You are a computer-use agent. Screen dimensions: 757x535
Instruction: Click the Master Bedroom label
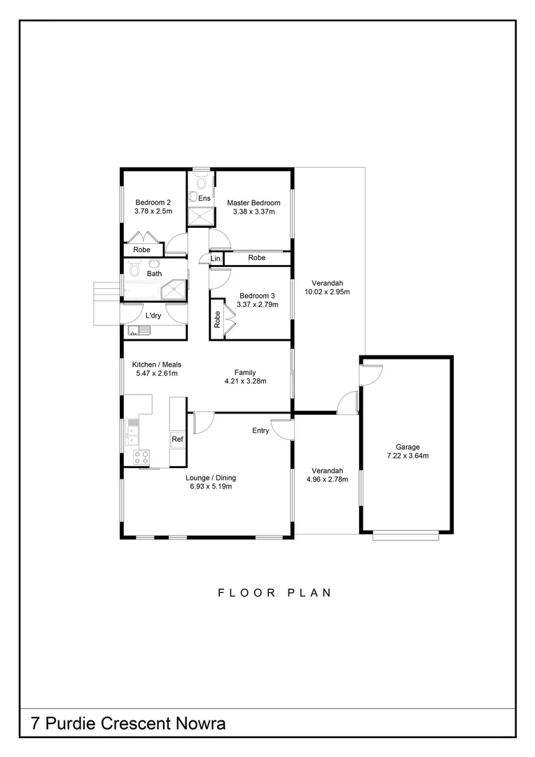click(x=253, y=203)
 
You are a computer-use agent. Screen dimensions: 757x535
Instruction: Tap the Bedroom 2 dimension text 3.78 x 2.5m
click(x=153, y=211)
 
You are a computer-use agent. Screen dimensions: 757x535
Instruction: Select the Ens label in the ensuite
click(x=204, y=199)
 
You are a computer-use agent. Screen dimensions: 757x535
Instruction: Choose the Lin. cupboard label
click(x=216, y=259)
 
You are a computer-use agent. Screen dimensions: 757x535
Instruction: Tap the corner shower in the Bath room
click(x=174, y=289)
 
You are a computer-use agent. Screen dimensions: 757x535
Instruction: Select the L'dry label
click(x=154, y=316)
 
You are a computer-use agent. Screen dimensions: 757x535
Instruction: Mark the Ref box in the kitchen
click(x=177, y=439)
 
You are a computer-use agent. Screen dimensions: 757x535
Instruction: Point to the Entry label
click(x=260, y=431)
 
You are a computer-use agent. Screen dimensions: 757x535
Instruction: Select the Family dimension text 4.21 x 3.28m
click(x=245, y=381)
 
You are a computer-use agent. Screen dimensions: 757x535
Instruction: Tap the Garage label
click(x=407, y=446)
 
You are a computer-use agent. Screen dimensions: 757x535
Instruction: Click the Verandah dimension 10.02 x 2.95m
click(x=326, y=292)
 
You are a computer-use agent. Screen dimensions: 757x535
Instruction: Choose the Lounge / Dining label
click(x=211, y=478)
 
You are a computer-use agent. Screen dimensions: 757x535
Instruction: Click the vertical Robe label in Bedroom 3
click(x=218, y=320)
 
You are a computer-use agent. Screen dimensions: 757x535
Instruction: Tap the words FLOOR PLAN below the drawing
click(x=275, y=592)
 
